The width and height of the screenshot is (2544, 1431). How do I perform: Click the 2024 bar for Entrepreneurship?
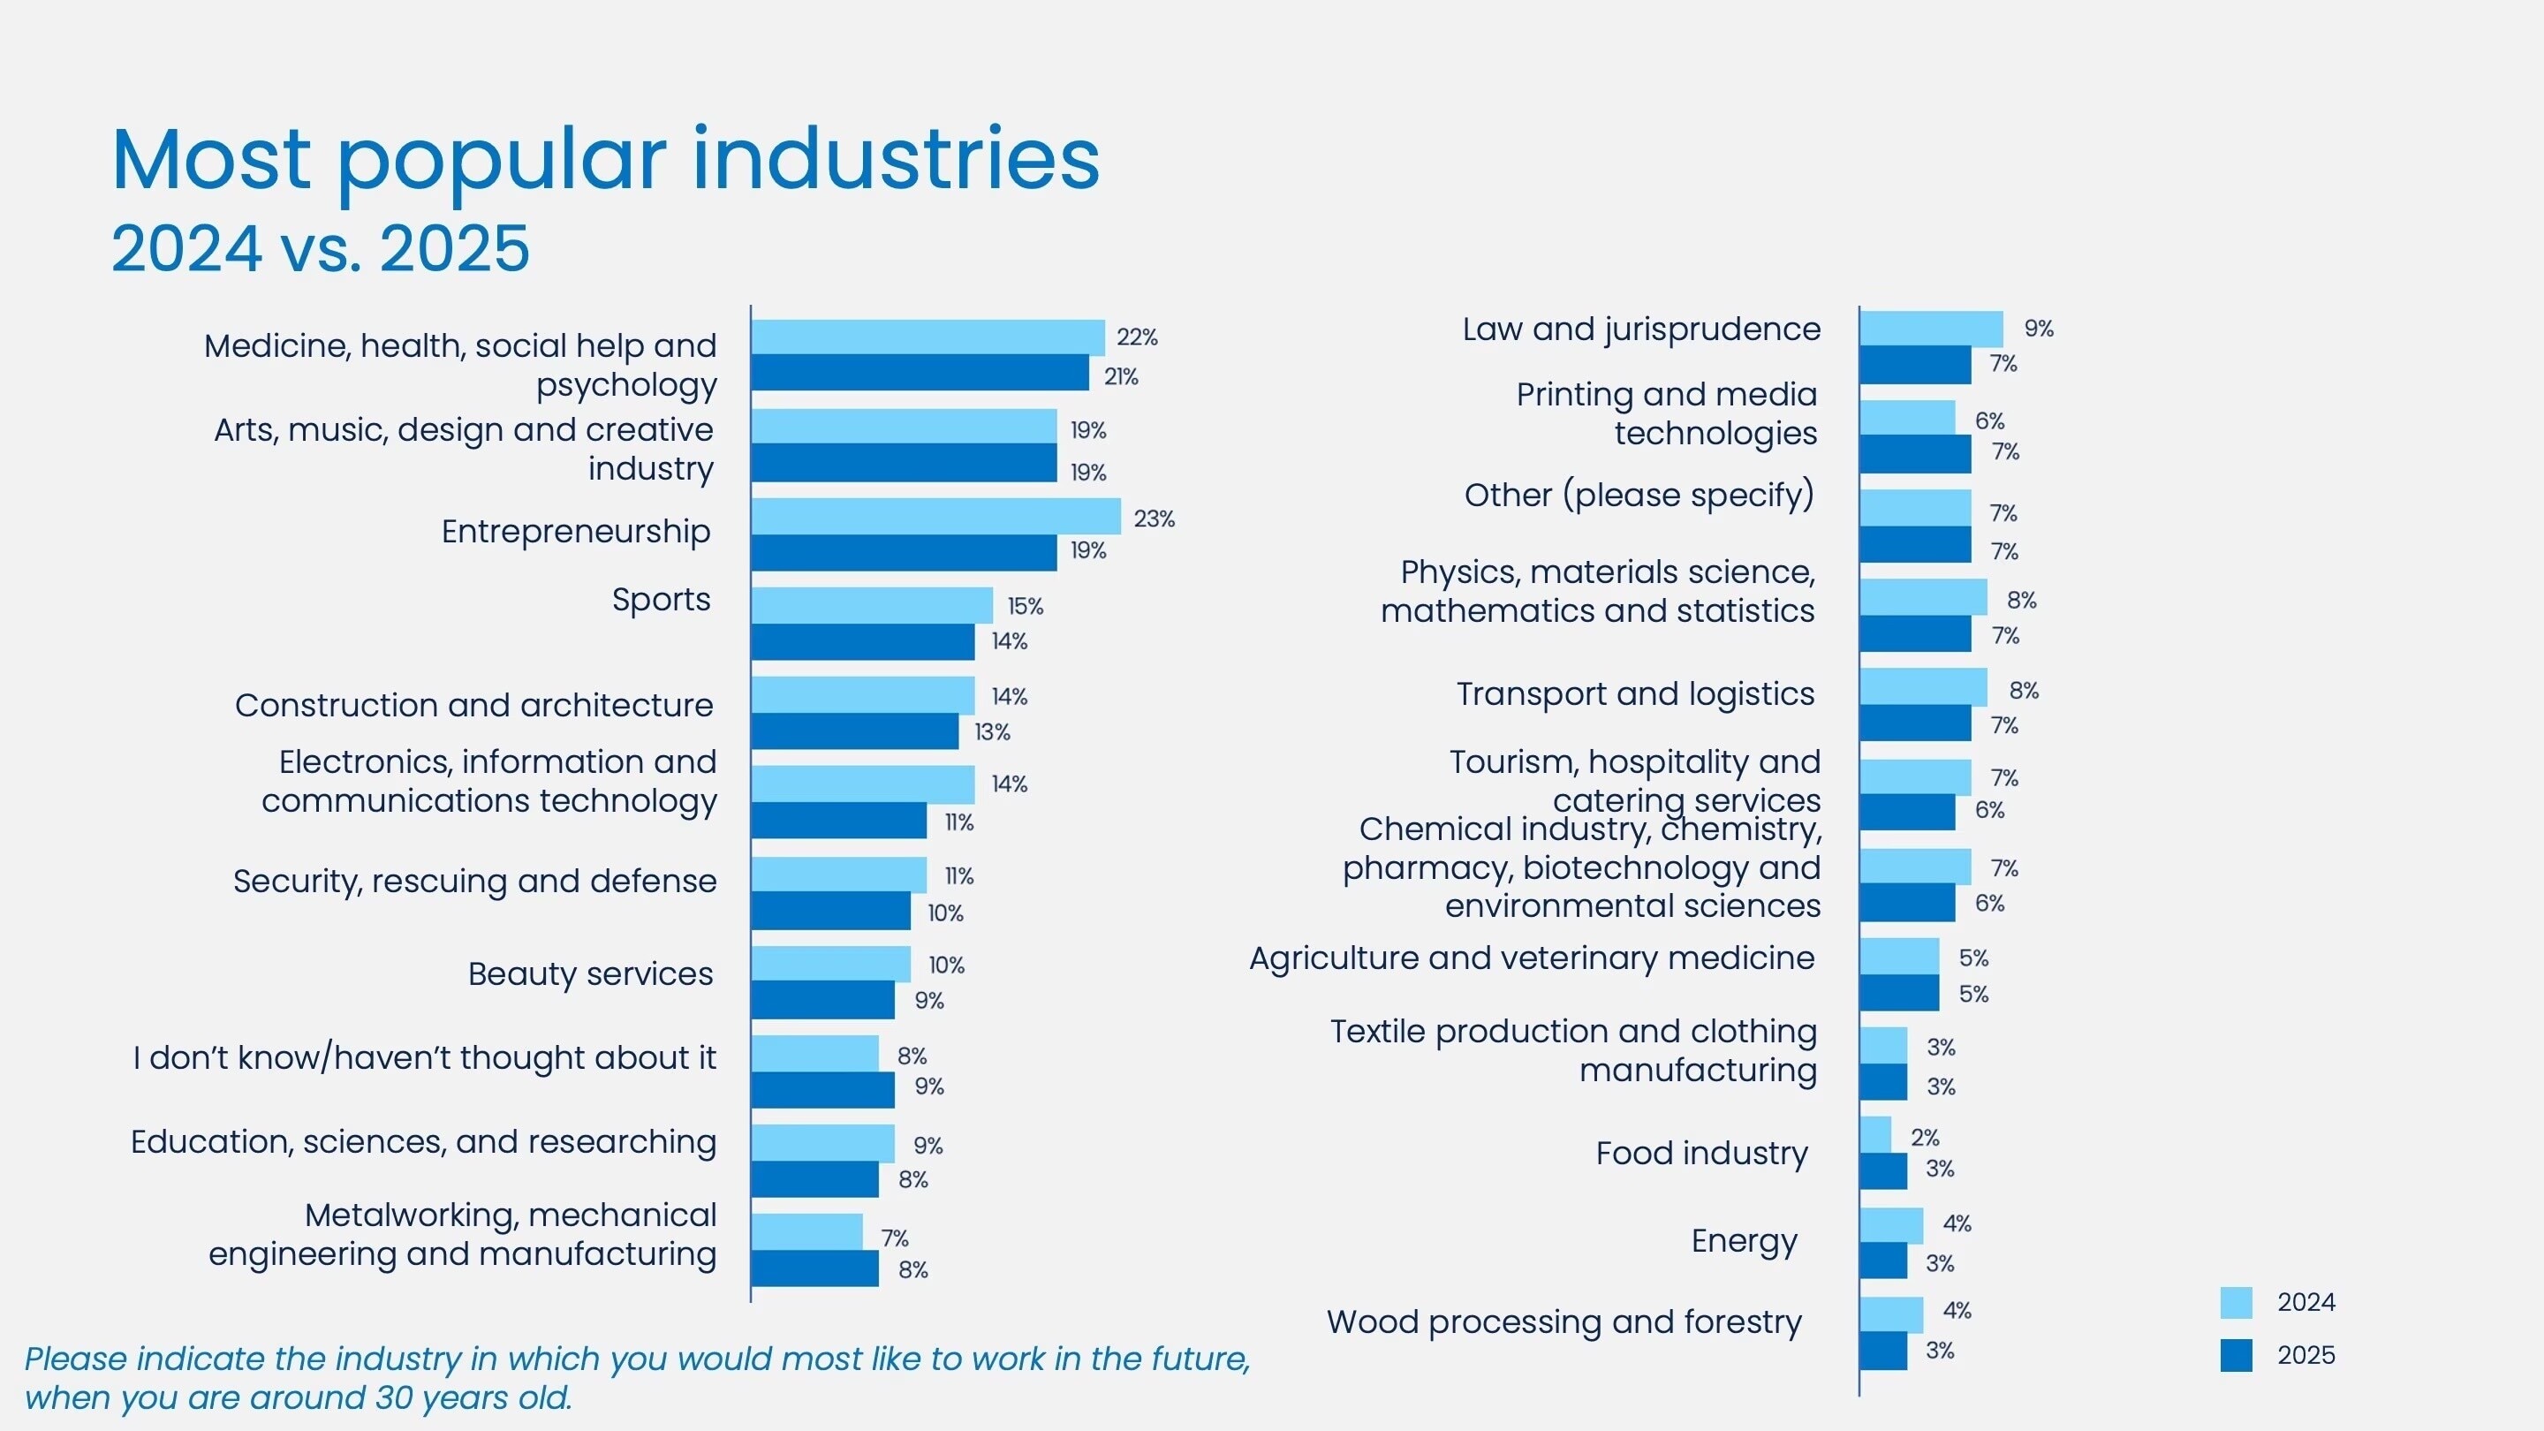tap(935, 517)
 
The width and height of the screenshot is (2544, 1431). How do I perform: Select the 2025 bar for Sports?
tap(862, 642)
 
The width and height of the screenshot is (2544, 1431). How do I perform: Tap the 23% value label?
tap(1154, 519)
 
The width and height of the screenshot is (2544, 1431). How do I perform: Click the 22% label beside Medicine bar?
tap(1137, 337)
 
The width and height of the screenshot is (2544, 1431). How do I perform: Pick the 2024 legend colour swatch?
tap(2236, 1303)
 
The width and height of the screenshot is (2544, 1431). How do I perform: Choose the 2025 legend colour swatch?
tap(2236, 1355)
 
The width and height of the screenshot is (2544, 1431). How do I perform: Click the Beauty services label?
tap(589, 973)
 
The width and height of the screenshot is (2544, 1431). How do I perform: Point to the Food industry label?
tap(1700, 1154)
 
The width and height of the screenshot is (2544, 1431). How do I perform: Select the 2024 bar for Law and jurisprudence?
tap(1931, 329)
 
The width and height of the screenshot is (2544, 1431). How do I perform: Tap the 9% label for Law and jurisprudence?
tap(2039, 329)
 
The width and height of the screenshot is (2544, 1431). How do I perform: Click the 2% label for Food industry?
tap(1924, 1138)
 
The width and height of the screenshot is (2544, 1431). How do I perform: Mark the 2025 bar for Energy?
tap(1883, 1261)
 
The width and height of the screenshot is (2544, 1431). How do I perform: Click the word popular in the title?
tap(502, 160)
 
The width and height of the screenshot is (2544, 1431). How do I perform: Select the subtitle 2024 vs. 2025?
tap(320, 248)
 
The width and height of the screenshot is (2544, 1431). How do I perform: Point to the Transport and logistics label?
tap(1634, 694)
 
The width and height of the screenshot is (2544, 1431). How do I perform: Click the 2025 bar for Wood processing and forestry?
tap(1883, 1350)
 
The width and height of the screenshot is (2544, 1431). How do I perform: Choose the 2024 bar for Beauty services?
tap(829, 964)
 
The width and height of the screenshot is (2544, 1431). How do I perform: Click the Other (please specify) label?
tap(1639, 495)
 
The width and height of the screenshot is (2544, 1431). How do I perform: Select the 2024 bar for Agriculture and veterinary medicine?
tap(1898, 956)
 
